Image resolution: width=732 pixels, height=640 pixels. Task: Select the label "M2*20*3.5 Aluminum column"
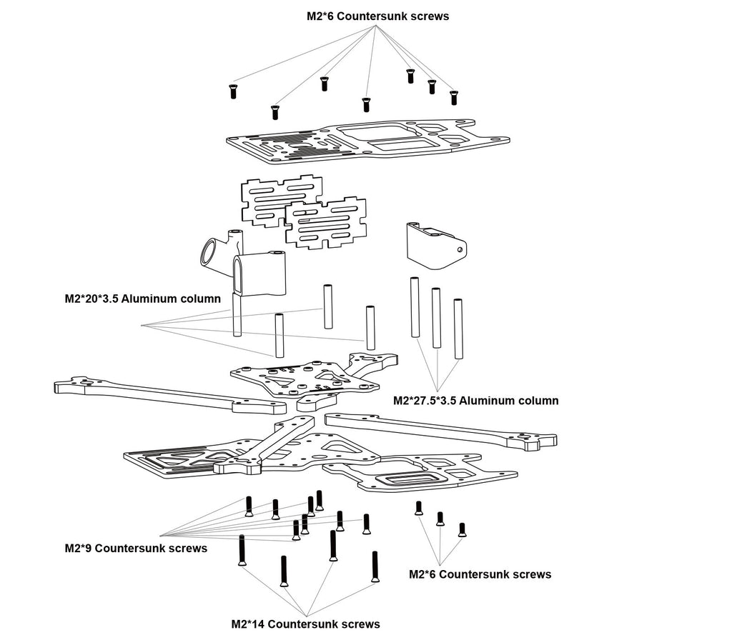tap(142, 299)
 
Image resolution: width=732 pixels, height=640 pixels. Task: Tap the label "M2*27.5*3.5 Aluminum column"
tap(476, 401)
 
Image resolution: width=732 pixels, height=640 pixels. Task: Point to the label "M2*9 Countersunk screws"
tap(136, 549)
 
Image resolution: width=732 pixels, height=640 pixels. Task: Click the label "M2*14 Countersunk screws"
tap(305, 624)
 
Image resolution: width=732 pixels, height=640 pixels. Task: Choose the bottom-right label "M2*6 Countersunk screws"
tap(480, 574)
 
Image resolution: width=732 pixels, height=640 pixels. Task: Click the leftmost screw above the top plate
tap(232, 91)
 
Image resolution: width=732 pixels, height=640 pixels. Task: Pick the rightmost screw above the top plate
tap(453, 97)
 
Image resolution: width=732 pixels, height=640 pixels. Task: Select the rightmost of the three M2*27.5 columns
tap(458, 329)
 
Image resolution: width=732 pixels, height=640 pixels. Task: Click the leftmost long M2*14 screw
tap(242, 550)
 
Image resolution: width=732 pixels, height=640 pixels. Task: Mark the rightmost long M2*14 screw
tap(375, 567)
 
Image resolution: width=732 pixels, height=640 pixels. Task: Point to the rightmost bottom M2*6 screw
tap(462, 529)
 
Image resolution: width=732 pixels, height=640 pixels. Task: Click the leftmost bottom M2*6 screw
tap(419, 508)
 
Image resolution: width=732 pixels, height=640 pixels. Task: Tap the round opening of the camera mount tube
tap(210, 252)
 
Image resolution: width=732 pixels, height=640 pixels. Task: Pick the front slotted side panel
tap(326, 224)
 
